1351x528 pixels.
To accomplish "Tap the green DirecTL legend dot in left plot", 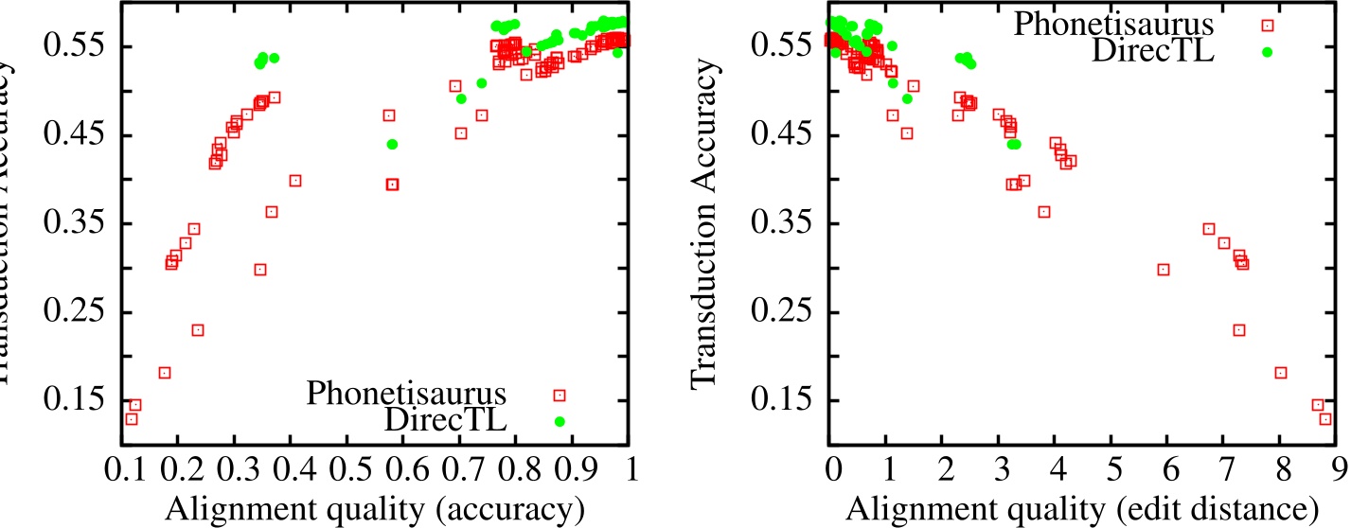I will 560,421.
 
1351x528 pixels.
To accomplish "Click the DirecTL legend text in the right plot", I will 1147,51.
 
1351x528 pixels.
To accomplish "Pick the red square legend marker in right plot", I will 1268,26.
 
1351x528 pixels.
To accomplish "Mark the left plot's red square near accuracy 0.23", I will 198,330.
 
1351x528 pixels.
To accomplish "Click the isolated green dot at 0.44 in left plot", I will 392,144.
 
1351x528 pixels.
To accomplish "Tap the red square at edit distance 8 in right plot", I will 1281,373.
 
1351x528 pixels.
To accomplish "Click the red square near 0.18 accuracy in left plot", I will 164,373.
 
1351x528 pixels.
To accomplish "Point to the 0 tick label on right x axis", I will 833,469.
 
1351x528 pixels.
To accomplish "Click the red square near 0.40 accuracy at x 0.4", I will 295,181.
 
